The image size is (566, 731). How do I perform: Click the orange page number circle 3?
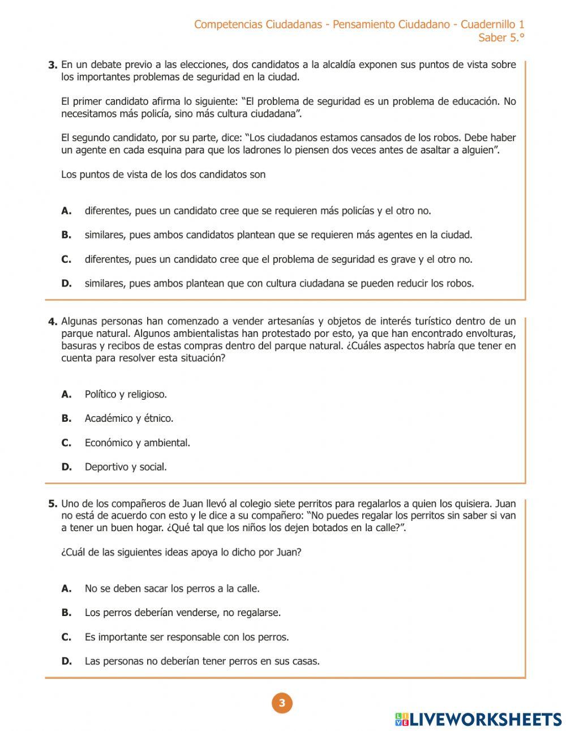pyautogui.click(x=282, y=703)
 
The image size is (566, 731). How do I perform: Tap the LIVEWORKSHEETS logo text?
pyautogui.click(x=486, y=719)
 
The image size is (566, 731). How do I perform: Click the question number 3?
pyautogui.click(x=53, y=65)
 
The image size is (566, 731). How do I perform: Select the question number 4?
pyautogui.click(x=53, y=322)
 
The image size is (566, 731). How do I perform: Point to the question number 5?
pyautogui.click(x=53, y=503)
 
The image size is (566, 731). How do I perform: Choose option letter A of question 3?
pyautogui.click(x=66, y=211)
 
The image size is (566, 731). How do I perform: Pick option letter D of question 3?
pyautogui.click(x=66, y=283)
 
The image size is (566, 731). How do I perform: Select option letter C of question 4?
pyautogui.click(x=66, y=443)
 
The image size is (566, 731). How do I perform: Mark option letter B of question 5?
pyautogui.click(x=66, y=612)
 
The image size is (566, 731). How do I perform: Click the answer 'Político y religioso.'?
pyautogui.click(x=126, y=394)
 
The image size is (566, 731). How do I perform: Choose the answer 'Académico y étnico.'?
pyautogui.click(x=129, y=418)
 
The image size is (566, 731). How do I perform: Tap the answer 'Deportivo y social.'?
pyautogui.click(x=126, y=467)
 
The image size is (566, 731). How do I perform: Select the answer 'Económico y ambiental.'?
pyautogui.click(x=138, y=443)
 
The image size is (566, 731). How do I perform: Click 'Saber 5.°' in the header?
pyautogui.click(x=501, y=38)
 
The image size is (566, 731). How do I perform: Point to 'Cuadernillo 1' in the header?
pyautogui.click(x=492, y=24)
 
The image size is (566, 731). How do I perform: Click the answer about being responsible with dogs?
pyautogui.click(x=187, y=637)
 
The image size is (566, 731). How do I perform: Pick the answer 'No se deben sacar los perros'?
pyautogui.click(x=172, y=588)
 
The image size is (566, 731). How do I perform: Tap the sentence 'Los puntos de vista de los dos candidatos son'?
pyautogui.click(x=163, y=174)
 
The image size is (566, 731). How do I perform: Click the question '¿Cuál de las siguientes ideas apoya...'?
pyautogui.click(x=181, y=552)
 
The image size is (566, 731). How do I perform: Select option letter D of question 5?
pyautogui.click(x=66, y=661)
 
